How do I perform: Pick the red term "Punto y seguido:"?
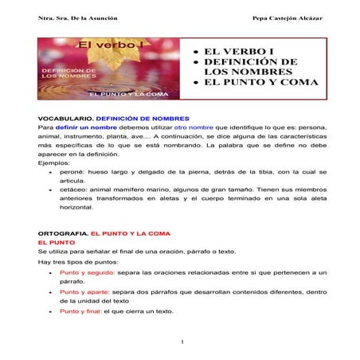88,272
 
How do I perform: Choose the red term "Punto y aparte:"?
86,292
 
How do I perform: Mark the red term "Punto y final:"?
81,311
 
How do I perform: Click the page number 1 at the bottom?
182,342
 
